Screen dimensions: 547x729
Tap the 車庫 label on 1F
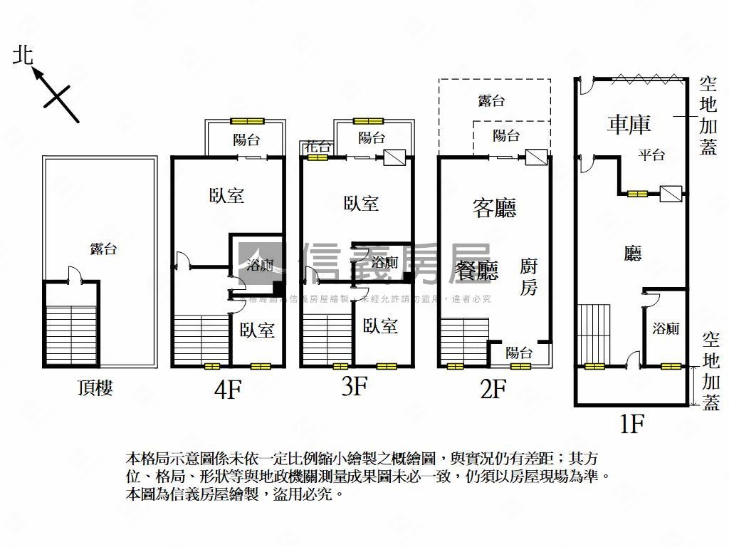[x=629, y=125]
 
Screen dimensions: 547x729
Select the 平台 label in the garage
[x=651, y=155]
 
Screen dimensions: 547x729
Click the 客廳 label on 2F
[x=494, y=207]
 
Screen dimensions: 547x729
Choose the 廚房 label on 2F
[x=528, y=276]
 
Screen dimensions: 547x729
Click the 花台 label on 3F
[x=317, y=147]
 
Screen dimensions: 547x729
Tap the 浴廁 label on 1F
[x=666, y=328]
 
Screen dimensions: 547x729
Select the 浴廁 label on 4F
[x=260, y=266]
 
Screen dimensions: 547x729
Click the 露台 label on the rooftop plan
[x=103, y=249]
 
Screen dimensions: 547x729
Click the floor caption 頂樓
[x=95, y=388]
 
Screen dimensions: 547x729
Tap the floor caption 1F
[x=631, y=424]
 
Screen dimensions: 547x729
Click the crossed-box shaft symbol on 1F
[x=670, y=193]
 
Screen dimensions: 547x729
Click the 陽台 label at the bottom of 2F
[x=519, y=352]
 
